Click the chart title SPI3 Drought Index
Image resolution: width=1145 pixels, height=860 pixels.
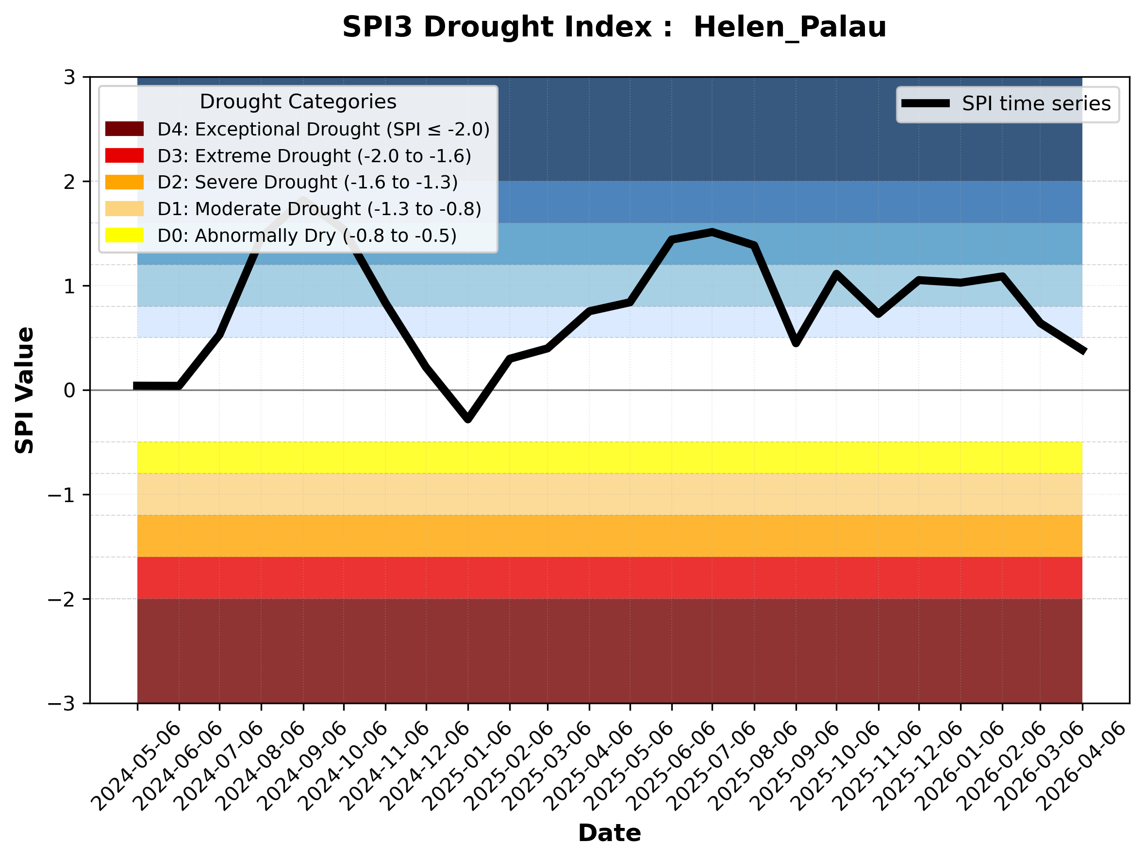[x=614, y=27]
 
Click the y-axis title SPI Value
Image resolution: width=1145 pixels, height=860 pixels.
[x=24, y=390]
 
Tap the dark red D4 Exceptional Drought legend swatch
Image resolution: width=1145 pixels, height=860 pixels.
[x=124, y=129]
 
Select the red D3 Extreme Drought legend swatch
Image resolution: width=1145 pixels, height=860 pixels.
[x=124, y=155]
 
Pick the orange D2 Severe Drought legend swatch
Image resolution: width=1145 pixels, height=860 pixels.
[x=124, y=182]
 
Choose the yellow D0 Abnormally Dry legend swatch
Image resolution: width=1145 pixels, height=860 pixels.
[x=124, y=235]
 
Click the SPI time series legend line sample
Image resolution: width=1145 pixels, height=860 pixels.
[x=926, y=103]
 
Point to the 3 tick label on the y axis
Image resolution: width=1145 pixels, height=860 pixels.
[x=69, y=78]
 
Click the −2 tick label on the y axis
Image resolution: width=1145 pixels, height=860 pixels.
[x=61, y=600]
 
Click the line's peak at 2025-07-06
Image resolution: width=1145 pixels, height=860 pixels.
[x=712, y=233]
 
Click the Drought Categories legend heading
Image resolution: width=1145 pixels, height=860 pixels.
[x=298, y=102]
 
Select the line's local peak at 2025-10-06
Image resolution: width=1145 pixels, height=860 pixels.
[x=836, y=274]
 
